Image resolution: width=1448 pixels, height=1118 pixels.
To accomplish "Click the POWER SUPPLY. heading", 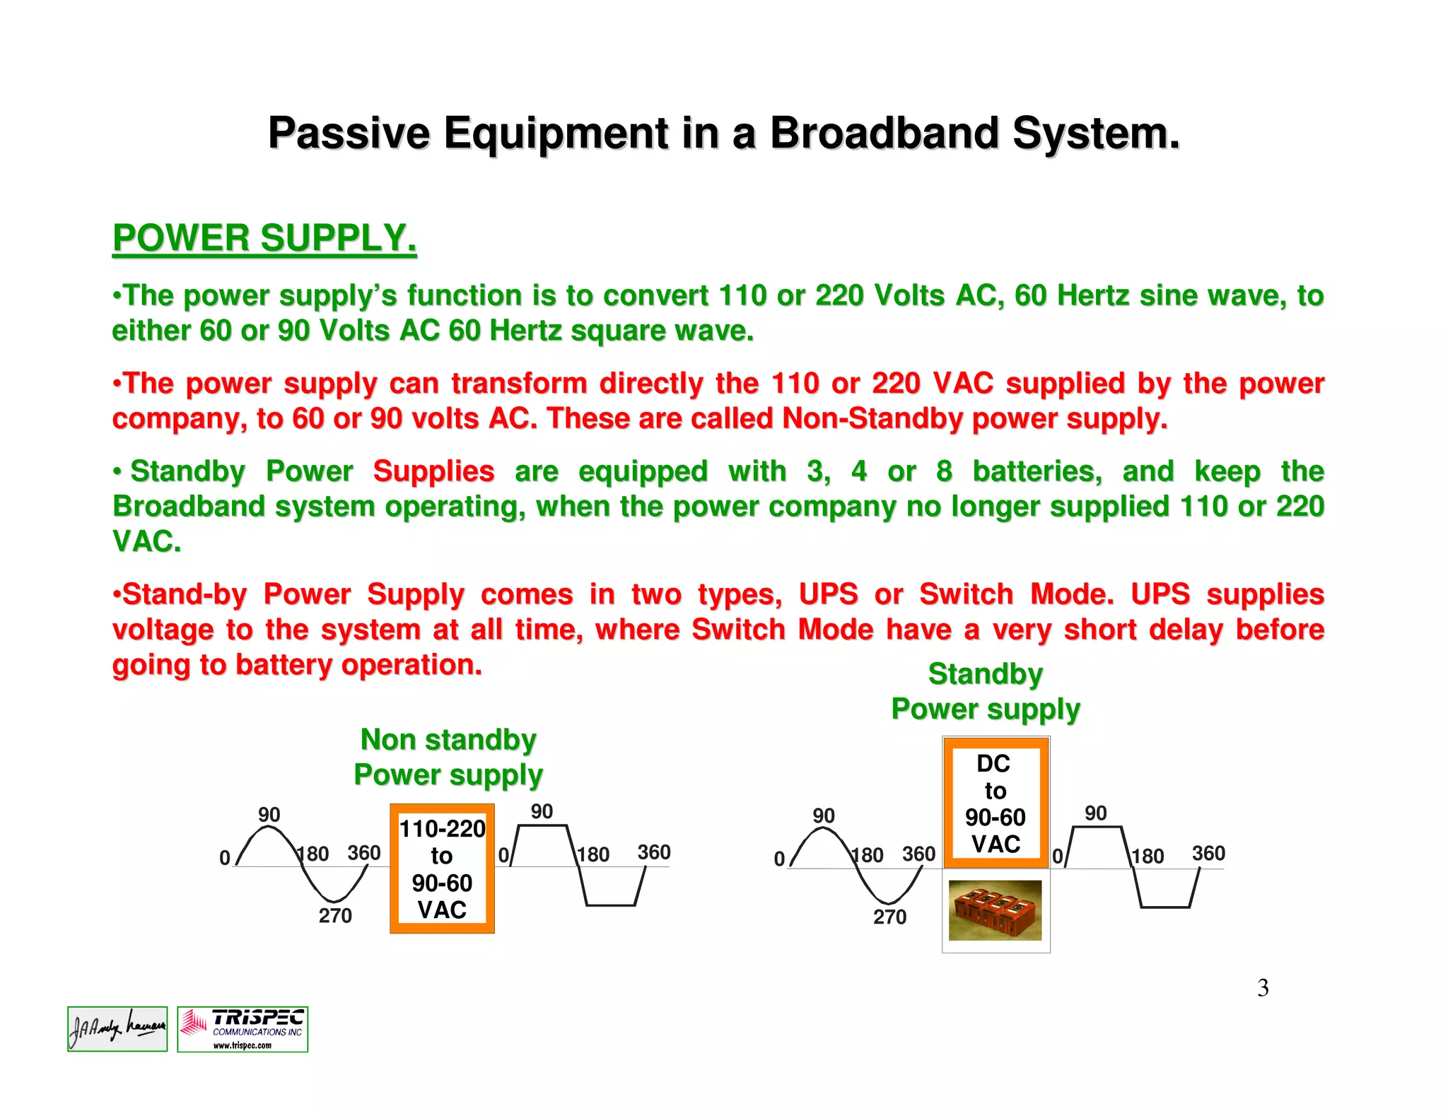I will coord(264,238).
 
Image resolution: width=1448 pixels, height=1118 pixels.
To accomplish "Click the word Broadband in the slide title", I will coord(885,133).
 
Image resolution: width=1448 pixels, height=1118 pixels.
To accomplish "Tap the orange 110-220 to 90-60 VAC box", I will coord(442,869).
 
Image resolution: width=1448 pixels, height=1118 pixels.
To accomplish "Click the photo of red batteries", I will coord(995,910).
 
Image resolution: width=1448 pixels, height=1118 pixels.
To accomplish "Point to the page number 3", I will coord(1263,988).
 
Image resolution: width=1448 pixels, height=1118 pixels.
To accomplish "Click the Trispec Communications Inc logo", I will coord(243,1030).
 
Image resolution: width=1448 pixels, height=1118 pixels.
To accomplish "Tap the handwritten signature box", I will coord(117,1029).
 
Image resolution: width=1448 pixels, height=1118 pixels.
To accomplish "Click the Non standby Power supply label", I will coord(448,757).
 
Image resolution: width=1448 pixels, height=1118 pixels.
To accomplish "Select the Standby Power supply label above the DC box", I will coord(986,691).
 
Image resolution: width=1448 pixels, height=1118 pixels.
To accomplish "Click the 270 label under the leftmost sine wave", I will coord(335,916).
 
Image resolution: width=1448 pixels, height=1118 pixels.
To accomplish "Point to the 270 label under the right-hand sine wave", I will coord(889,917).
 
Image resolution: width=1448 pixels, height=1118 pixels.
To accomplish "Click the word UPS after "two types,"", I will coord(828,594).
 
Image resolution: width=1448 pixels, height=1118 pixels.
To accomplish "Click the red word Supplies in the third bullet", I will coord(433,471).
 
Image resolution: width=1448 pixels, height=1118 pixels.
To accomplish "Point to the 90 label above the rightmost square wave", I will coord(1096,813).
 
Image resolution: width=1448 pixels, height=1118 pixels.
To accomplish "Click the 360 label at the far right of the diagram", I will coord(1208,854).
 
